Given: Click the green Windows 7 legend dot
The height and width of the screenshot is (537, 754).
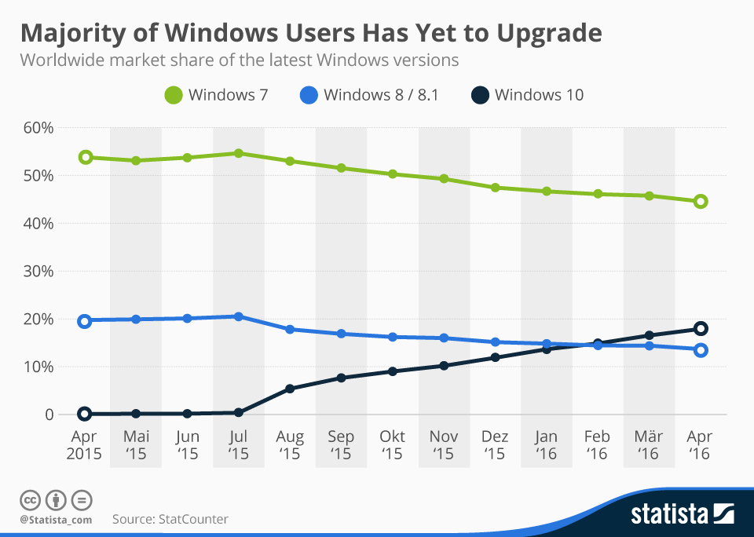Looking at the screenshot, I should [x=173, y=96].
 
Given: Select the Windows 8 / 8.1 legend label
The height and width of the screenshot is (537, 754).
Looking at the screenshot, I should [x=381, y=96].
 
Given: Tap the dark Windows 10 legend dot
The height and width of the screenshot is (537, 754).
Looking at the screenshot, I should [x=480, y=96].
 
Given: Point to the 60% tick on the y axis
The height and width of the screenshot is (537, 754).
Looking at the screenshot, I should [x=37, y=128].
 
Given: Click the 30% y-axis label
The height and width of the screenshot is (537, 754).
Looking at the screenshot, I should [x=37, y=272].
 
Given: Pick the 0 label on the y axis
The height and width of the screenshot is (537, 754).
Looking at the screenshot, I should [x=49, y=415].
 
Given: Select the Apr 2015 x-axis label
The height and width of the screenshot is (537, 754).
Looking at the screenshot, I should [x=84, y=445].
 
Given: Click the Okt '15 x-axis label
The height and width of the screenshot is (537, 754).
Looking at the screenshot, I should [x=391, y=445].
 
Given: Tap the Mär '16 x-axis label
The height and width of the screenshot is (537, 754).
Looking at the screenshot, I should [x=648, y=445].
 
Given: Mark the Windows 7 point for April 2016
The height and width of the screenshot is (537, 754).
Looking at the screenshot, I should [x=701, y=202].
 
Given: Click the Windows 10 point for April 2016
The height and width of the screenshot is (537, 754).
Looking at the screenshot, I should [x=701, y=329].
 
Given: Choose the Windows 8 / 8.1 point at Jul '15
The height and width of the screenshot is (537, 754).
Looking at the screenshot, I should [x=238, y=316].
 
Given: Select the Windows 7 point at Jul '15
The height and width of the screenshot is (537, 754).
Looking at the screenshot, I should [x=238, y=153].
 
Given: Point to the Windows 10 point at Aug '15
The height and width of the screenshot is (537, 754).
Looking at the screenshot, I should [x=290, y=389].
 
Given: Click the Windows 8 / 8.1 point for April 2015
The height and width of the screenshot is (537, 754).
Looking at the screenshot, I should [x=85, y=320].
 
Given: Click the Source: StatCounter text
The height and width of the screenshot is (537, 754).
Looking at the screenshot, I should [x=170, y=519].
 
